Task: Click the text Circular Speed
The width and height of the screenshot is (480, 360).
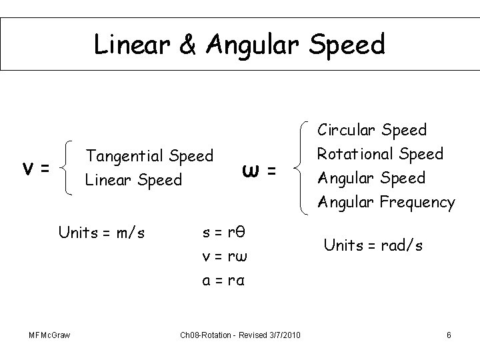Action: [x=372, y=129]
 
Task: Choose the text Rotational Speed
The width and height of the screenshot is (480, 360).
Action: [x=380, y=153]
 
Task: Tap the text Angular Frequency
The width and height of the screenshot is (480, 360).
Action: [x=387, y=201]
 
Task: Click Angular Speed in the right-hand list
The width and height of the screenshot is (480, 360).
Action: [x=372, y=177]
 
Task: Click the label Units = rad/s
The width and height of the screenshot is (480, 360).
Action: [x=373, y=245]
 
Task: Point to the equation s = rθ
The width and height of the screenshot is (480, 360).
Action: [x=224, y=233]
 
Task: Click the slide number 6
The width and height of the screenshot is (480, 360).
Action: [x=449, y=334]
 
